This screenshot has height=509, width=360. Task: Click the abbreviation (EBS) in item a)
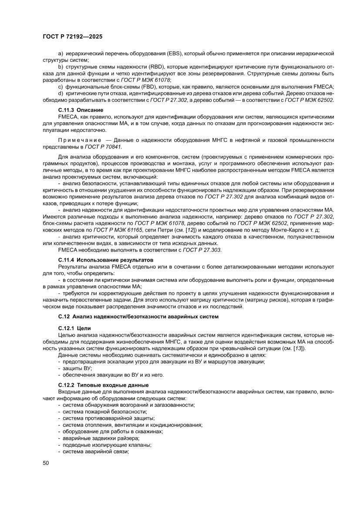tap(173, 54)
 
